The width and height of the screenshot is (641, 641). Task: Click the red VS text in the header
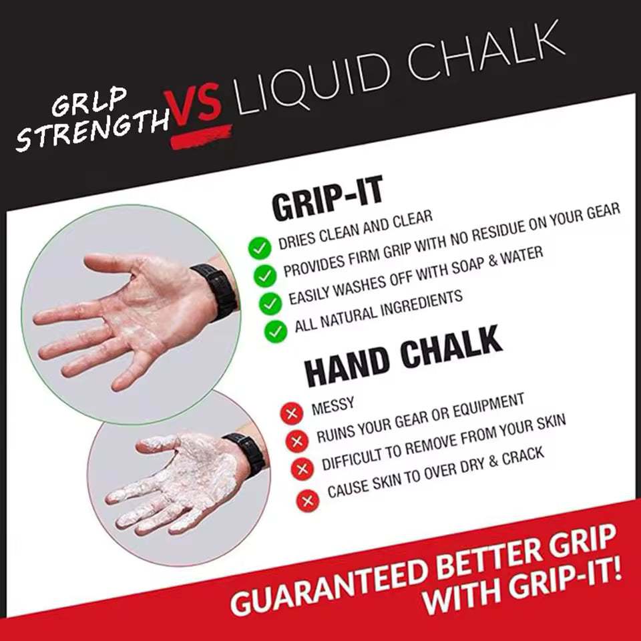[x=192, y=106]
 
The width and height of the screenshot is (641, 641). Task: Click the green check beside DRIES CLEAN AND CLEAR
[x=260, y=248]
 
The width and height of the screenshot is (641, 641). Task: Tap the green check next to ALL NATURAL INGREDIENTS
[x=276, y=331]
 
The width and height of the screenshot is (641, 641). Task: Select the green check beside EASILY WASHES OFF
[x=270, y=303]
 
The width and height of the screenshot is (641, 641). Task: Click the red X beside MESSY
[x=292, y=413]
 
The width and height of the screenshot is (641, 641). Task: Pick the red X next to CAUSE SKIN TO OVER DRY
[x=308, y=500]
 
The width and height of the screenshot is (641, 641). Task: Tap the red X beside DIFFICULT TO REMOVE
[x=302, y=469]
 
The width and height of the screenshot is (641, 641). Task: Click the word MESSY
[x=333, y=406]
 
